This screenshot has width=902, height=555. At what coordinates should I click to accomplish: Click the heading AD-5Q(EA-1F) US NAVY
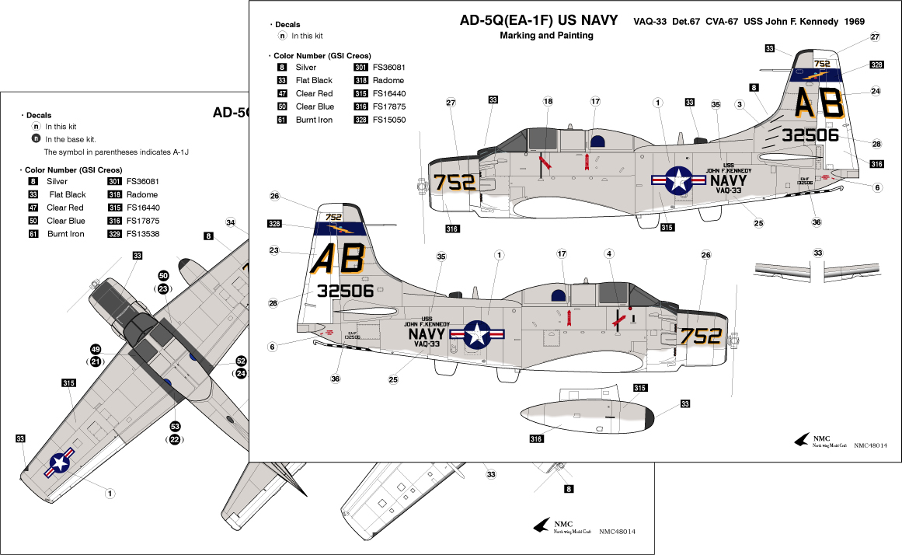[x=538, y=20]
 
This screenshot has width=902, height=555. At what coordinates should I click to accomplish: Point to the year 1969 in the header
[x=849, y=22]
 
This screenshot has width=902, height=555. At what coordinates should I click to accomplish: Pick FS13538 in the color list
[x=144, y=234]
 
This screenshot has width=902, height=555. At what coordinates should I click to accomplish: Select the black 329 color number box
[x=113, y=234]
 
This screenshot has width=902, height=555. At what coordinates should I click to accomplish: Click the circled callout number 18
[x=548, y=102]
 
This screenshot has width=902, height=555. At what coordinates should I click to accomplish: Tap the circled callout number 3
[x=740, y=104]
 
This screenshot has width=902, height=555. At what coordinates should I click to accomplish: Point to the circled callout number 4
[x=609, y=254]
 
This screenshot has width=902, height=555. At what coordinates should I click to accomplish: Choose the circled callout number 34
[x=231, y=223]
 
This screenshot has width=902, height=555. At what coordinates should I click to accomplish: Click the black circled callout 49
[x=96, y=349]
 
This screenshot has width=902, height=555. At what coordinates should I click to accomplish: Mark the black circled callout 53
[x=175, y=426]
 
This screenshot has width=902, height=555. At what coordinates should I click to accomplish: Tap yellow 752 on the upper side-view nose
[x=454, y=182]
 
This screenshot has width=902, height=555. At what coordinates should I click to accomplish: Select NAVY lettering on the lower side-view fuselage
[x=427, y=334]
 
